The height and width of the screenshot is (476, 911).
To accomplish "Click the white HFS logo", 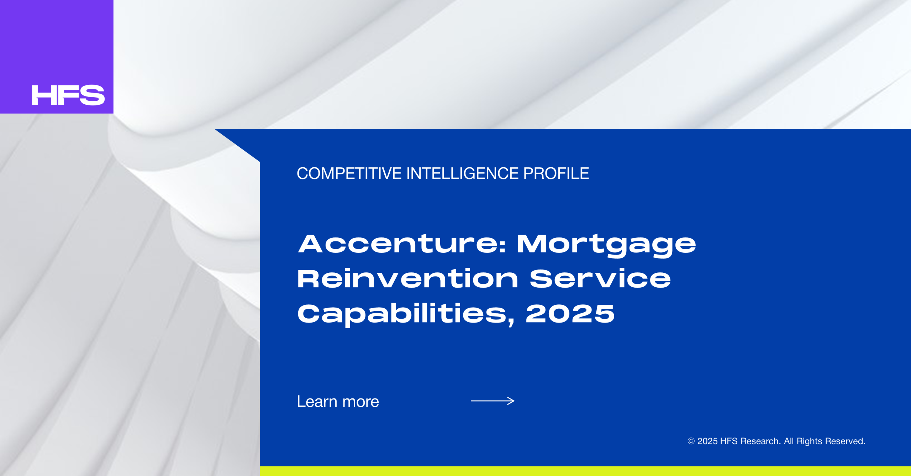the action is (68, 95).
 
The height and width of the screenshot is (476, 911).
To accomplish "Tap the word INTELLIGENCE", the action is (462, 174).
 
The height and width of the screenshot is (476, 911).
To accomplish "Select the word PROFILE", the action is (556, 174).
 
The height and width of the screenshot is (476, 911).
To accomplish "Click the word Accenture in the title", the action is (398, 244).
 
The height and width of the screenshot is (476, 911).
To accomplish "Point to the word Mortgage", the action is (606, 246).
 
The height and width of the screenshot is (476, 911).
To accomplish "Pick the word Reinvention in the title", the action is (408, 278).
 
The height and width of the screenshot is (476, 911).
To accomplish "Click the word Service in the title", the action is (600, 278).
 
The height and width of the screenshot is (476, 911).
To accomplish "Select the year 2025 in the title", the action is (570, 314).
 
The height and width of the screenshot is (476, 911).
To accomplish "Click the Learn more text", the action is (338, 401).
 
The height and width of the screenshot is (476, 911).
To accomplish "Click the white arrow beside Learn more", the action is (493, 401).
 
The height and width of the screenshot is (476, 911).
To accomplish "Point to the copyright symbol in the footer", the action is (691, 441).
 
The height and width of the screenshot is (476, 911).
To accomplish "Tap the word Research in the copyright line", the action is (760, 441).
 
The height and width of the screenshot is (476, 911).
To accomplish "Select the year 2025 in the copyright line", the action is (707, 441).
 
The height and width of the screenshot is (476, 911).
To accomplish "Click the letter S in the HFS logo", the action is (93, 95).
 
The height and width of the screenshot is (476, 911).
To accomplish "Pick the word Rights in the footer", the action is (809, 441).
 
